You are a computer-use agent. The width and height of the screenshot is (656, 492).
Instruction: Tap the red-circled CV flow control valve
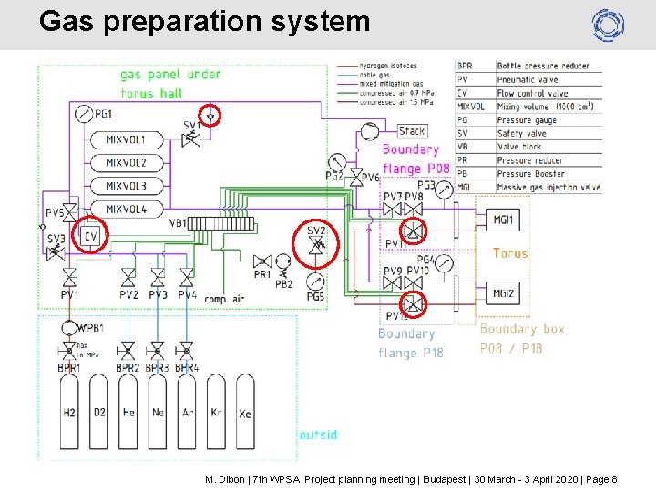tap(90, 236)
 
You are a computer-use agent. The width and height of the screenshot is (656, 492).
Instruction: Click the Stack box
tap(412, 131)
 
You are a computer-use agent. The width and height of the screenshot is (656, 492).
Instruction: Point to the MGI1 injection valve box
tap(503, 220)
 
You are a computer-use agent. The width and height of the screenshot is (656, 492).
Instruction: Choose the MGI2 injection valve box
tap(503, 293)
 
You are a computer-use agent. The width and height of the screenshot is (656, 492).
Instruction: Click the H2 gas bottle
tap(69, 415)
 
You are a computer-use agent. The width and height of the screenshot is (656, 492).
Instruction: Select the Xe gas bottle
tap(245, 415)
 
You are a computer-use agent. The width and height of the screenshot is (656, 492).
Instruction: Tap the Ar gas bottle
tap(187, 415)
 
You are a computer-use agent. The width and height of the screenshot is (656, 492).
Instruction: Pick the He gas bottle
tap(128, 415)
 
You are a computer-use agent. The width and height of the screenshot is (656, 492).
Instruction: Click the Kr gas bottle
tap(216, 415)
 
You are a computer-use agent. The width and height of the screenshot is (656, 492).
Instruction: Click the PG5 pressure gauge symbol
tap(315, 281)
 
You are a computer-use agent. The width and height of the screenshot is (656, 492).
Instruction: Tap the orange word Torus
tap(510, 253)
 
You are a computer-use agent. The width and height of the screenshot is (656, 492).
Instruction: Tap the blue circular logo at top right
tap(607, 25)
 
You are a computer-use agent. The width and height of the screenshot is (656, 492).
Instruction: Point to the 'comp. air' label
tap(225, 299)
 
